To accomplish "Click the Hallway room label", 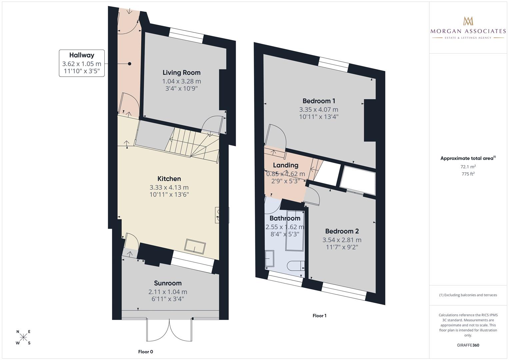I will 82,55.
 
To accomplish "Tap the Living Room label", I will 181,73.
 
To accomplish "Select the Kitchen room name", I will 169,179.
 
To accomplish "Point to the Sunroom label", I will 168,283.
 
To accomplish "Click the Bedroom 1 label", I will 319,101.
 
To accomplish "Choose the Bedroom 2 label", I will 342,231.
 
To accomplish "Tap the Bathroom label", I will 285,218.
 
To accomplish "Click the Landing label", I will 285,165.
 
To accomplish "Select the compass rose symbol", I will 23,337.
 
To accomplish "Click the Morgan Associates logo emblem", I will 468,21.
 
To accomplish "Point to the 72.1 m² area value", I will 468,167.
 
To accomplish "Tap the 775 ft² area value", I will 468,174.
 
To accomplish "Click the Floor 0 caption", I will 146,352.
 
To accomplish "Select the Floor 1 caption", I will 319,316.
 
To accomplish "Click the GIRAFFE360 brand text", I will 468,345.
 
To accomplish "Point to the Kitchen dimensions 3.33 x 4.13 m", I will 169,188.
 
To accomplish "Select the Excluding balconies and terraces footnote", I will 468,295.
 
